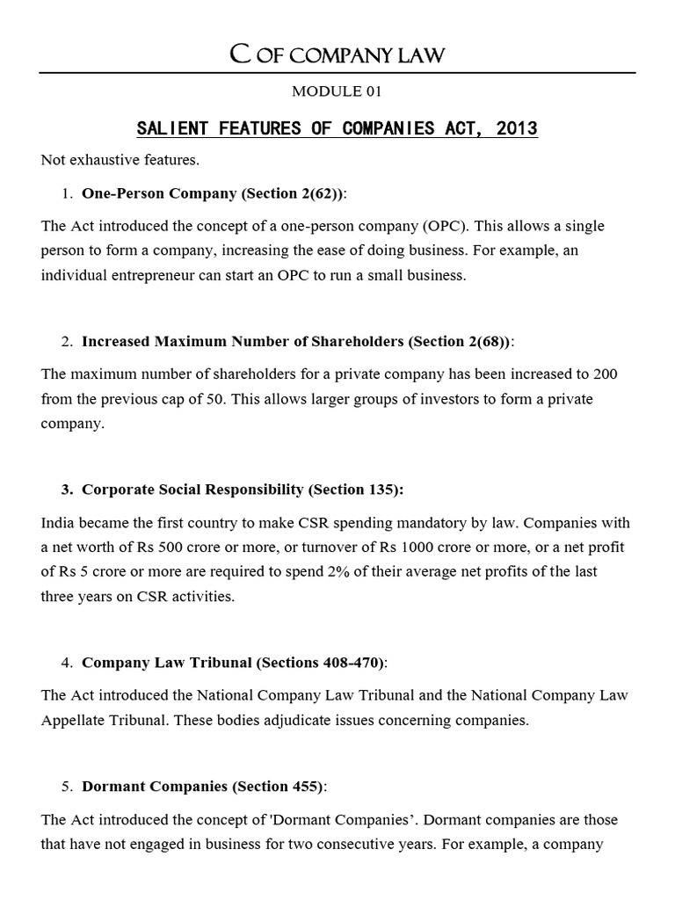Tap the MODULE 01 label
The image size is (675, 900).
point(337,91)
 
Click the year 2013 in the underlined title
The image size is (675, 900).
point(516,129)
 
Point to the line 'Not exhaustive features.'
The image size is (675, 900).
point(108,160)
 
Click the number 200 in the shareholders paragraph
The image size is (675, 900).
point(606,374)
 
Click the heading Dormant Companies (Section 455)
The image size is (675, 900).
point(202,786)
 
